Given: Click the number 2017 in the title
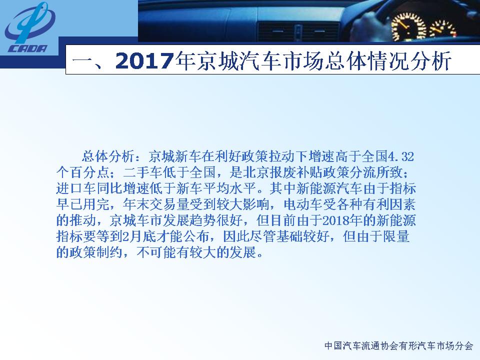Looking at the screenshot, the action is [144, 60].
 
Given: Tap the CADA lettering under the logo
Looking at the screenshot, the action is [28, 48].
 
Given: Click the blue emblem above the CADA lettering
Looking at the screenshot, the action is [29, 23].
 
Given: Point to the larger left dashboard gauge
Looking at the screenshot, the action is [409, 26].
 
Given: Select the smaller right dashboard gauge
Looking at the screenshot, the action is [443, 29].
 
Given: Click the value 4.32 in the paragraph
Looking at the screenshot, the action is [400, 156].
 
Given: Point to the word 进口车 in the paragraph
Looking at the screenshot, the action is [76, 188].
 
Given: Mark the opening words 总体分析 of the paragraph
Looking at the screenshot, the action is [108, 156].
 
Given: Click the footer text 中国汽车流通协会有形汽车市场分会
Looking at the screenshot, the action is [399, 345].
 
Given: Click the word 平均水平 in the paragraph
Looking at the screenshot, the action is [229, 188].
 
